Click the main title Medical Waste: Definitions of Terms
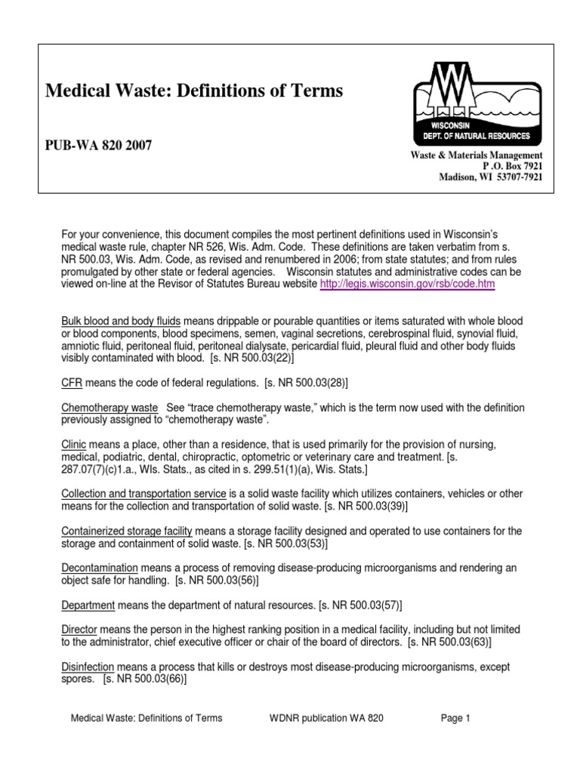point(194,91)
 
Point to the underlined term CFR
point(72,382)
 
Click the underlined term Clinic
point(73,445)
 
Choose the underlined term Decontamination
point(100,568)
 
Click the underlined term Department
point(88,605)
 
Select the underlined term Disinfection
point(88,667)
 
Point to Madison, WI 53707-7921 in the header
point(490,177)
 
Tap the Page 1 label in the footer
point(455,719)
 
